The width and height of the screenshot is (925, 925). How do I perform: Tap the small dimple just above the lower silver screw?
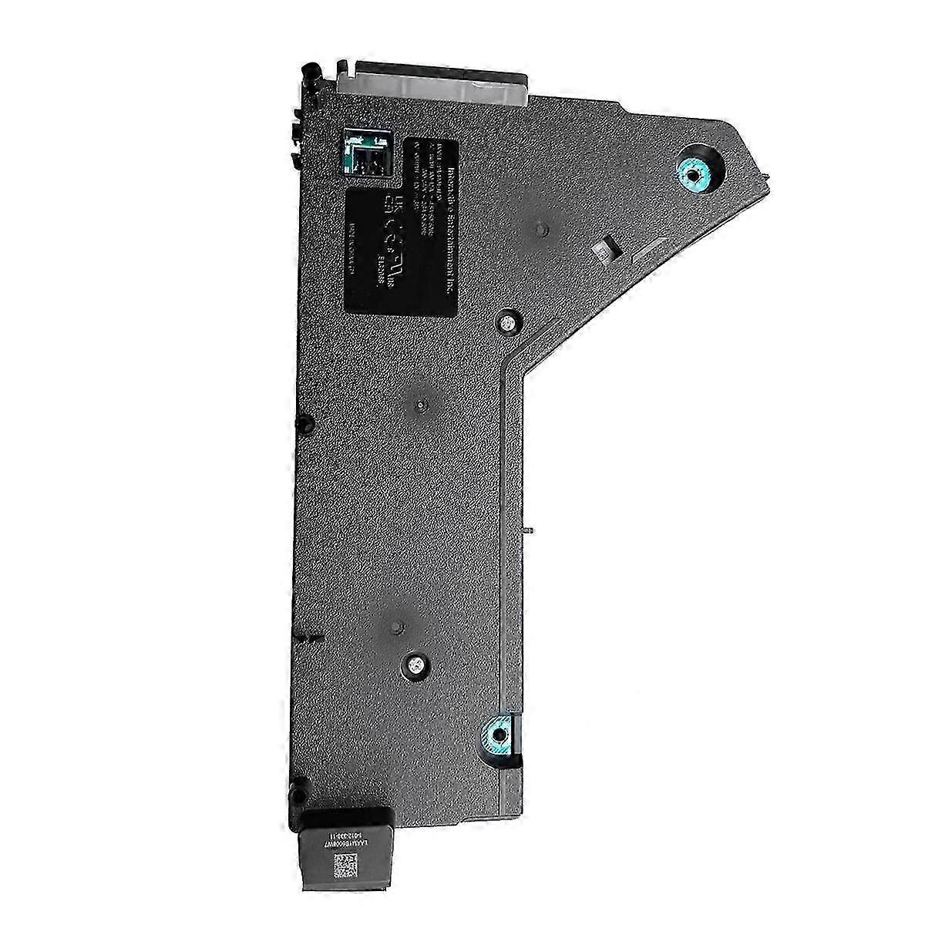click(x=396, y=625)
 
